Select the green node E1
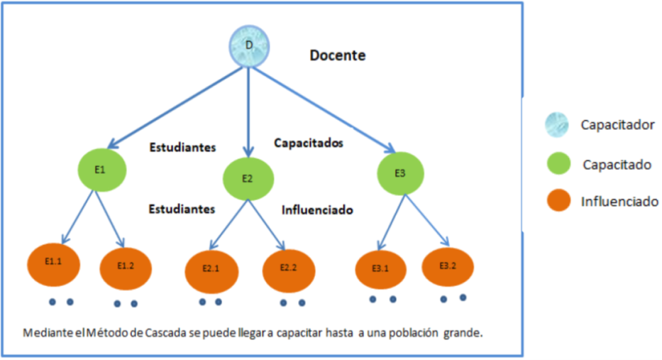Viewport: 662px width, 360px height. tap(101, 170)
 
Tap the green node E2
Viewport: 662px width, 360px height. tap(247, 178)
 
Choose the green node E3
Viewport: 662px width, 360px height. tap(400, 173)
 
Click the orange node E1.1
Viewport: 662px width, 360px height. tap(54, 262)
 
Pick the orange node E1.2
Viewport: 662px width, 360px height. tap(126, 266)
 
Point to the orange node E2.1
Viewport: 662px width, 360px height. tap(211, 269)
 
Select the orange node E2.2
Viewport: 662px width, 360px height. tap(289, 268)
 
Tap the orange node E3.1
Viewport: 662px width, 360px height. tap(380, 269)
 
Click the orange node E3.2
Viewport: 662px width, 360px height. tap(448, 266)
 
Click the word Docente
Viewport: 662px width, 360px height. tap(338, 55)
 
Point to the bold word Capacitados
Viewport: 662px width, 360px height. tap(309, 143)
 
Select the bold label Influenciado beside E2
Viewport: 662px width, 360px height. tap(317, 210)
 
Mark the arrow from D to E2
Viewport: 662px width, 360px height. tap(248, 114)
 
